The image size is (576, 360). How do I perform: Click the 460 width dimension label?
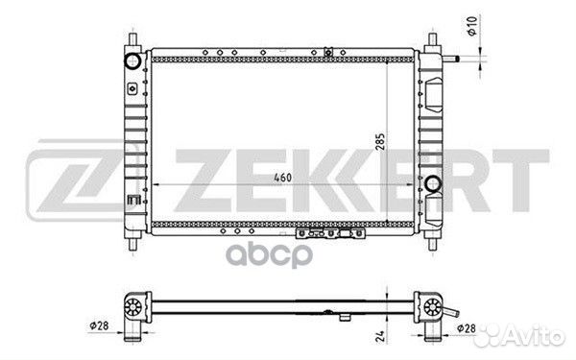282,178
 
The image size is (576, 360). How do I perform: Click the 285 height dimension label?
380,141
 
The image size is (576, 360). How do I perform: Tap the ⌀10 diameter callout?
472,26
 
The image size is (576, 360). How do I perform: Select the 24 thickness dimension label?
380,336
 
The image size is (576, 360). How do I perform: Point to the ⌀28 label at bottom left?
99,325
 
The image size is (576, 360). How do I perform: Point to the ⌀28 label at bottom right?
467,328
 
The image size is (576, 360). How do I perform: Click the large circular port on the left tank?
132,60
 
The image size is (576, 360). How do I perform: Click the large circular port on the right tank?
433,183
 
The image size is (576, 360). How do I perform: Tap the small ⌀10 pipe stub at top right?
451,59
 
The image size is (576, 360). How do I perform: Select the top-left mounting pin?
133,39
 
